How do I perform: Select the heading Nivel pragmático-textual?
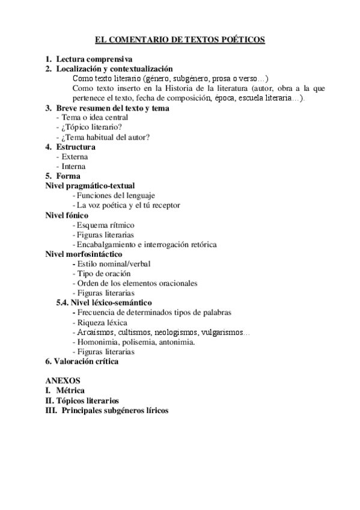90,186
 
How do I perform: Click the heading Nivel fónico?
67,215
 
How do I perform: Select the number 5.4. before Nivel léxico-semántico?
63,303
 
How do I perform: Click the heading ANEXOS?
63,381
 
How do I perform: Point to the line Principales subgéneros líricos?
115,411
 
